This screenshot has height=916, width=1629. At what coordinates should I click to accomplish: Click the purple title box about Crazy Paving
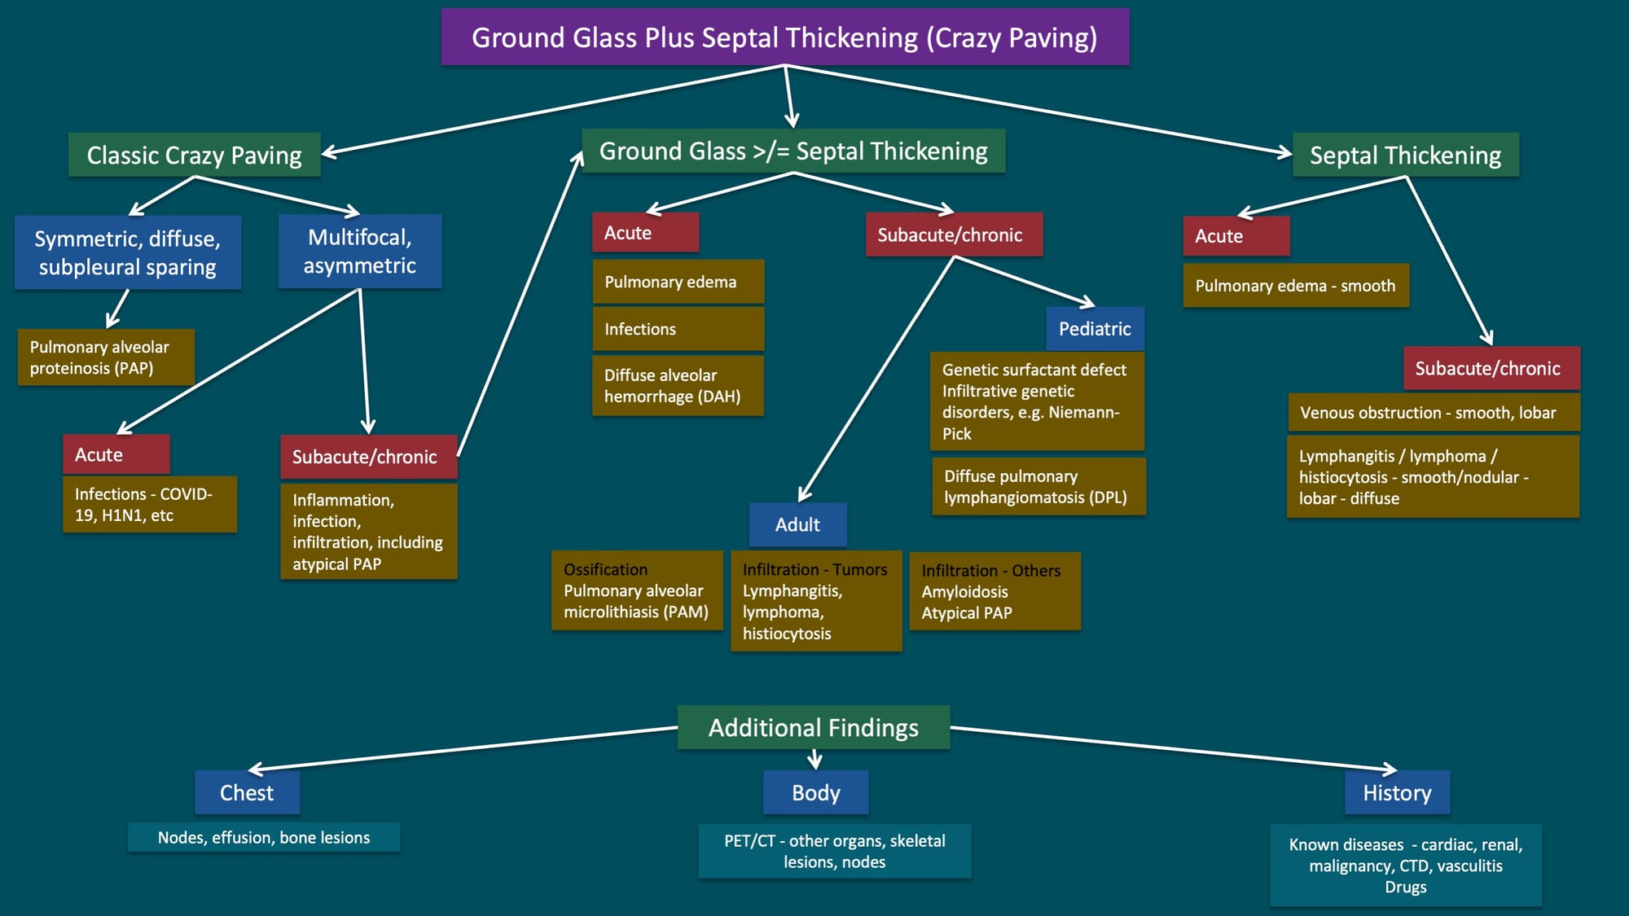click(785, 37)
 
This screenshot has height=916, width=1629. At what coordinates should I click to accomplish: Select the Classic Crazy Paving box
click(195, 155)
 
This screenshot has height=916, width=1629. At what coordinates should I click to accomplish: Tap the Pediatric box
click(1096, 329)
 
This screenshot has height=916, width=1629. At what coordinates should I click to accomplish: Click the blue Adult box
click(798, 524)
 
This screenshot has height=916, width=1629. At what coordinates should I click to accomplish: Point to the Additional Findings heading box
click(814, 727)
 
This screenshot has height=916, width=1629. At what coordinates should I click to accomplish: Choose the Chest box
click(248, 792)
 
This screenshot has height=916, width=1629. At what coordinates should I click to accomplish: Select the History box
click(1398, 792)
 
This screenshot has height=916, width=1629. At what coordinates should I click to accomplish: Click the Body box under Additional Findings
click(816, 792)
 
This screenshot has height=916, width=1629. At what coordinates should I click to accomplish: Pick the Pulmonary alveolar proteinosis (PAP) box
click(106, 357)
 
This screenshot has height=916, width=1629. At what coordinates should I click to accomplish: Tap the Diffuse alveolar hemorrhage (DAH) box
click(678, 386)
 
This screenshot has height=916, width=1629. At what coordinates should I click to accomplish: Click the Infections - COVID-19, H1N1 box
click(150, 505)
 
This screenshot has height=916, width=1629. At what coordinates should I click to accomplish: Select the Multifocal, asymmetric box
click(360, 251)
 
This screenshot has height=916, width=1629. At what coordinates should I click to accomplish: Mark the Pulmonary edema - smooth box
click(1296, 286)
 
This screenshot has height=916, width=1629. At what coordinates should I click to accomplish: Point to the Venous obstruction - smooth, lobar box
click(1434, 413)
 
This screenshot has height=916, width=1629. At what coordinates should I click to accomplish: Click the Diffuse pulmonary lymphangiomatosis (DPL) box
click(1039, 486)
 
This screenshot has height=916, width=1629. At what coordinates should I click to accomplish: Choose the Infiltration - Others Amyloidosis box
click(995, 591)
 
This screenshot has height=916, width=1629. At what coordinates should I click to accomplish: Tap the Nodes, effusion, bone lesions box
click(264, 837)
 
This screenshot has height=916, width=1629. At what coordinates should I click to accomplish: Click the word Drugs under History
click(1406, 887)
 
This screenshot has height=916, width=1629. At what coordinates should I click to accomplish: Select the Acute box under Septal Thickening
click(1236, 236)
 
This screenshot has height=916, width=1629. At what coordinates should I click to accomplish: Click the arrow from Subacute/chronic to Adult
click(876, 379)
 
